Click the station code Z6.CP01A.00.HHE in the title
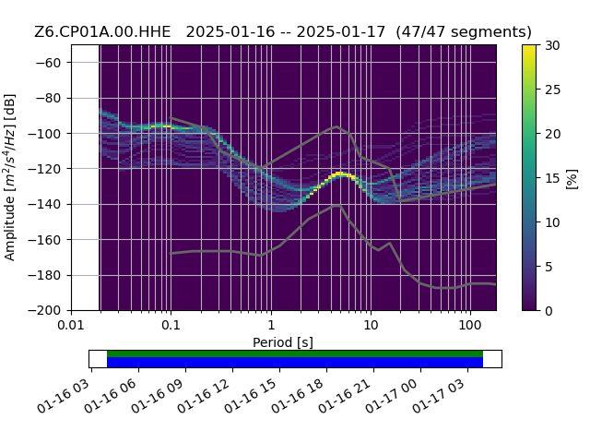pyautogui.click(x=102, y=31)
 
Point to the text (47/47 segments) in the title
pyautogui.click(x=464, y=31)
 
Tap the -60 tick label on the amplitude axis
pyautogui.click(x=48, y=63)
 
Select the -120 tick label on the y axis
pyautogui.click(x=44, y=169)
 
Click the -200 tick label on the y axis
pyautogui.click(x=44, y=311)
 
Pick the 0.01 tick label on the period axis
pyautogui.click(x=71, y=324)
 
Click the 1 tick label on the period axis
pyautogui.click(x=271, y=324)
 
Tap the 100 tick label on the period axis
pyautogui.click(x=470, y=324)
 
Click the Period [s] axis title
pyautogui.click(x=283, y=342)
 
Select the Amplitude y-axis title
pyautogui.click(x=10, y=177)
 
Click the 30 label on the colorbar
pyautogui.click(x=553, y=45)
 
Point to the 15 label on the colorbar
pyautogui.click(x=553, y=178)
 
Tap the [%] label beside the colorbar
pyautogui.click(x=572, y=179)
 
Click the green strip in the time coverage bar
pyautogui.click(x=295, y=354)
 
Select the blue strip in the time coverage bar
pyautogui.click(x=295, y=363)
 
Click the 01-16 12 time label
pyautogui.click(x=204, y=396)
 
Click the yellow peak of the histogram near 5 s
pyautogui.click(x=340, y=174)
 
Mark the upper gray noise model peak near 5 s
pyautogui.click(x=336, y=126)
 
